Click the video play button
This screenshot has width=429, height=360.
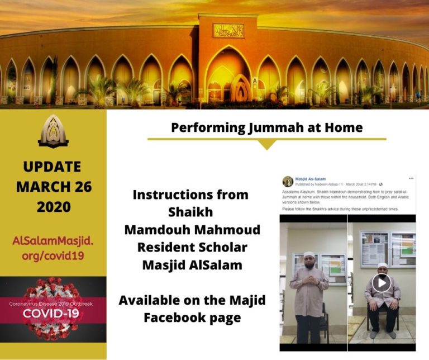382,283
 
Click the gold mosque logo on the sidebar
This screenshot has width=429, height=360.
53,131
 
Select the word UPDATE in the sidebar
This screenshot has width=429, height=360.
53,167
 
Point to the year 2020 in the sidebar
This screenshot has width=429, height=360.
54,206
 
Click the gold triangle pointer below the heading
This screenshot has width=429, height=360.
267,144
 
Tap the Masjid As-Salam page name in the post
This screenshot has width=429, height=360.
311,178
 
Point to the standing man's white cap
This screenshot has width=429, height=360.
309,255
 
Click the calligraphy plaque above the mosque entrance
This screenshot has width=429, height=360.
228,31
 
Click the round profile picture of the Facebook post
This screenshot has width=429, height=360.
288,181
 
